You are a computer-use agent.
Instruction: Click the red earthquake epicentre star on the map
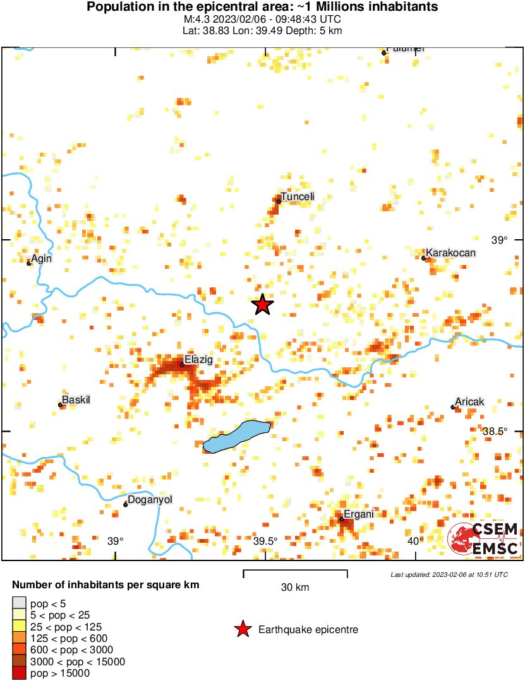click(x=262, y=305)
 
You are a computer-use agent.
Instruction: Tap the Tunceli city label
click(x=298, y=197)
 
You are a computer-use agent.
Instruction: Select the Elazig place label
click(x=198, y=360)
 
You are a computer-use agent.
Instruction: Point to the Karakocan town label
click(x=450, y=253)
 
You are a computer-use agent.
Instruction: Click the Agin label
click(x=42, y=258)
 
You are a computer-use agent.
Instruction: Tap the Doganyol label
click(x=150, y=500)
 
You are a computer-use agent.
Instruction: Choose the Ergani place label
click(x=359, y=514)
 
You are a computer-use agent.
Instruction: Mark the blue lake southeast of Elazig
click(x=237, y=437)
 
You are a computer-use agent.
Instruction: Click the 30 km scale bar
click(x=295, y=574)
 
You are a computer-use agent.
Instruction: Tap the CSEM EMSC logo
click(x=484, y=538)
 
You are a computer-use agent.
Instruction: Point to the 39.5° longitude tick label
click(x=266, y=541)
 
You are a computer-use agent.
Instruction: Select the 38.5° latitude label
click(x=495, y=431)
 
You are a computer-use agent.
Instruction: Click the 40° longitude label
click(x=415, y=541)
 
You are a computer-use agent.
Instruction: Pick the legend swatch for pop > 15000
click(x=20, y=673)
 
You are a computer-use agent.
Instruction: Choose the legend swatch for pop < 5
click(x=20, y=603)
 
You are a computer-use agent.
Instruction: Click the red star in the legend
click(x=242, y=629)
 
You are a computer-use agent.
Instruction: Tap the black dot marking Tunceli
click(x=279, y=201)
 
